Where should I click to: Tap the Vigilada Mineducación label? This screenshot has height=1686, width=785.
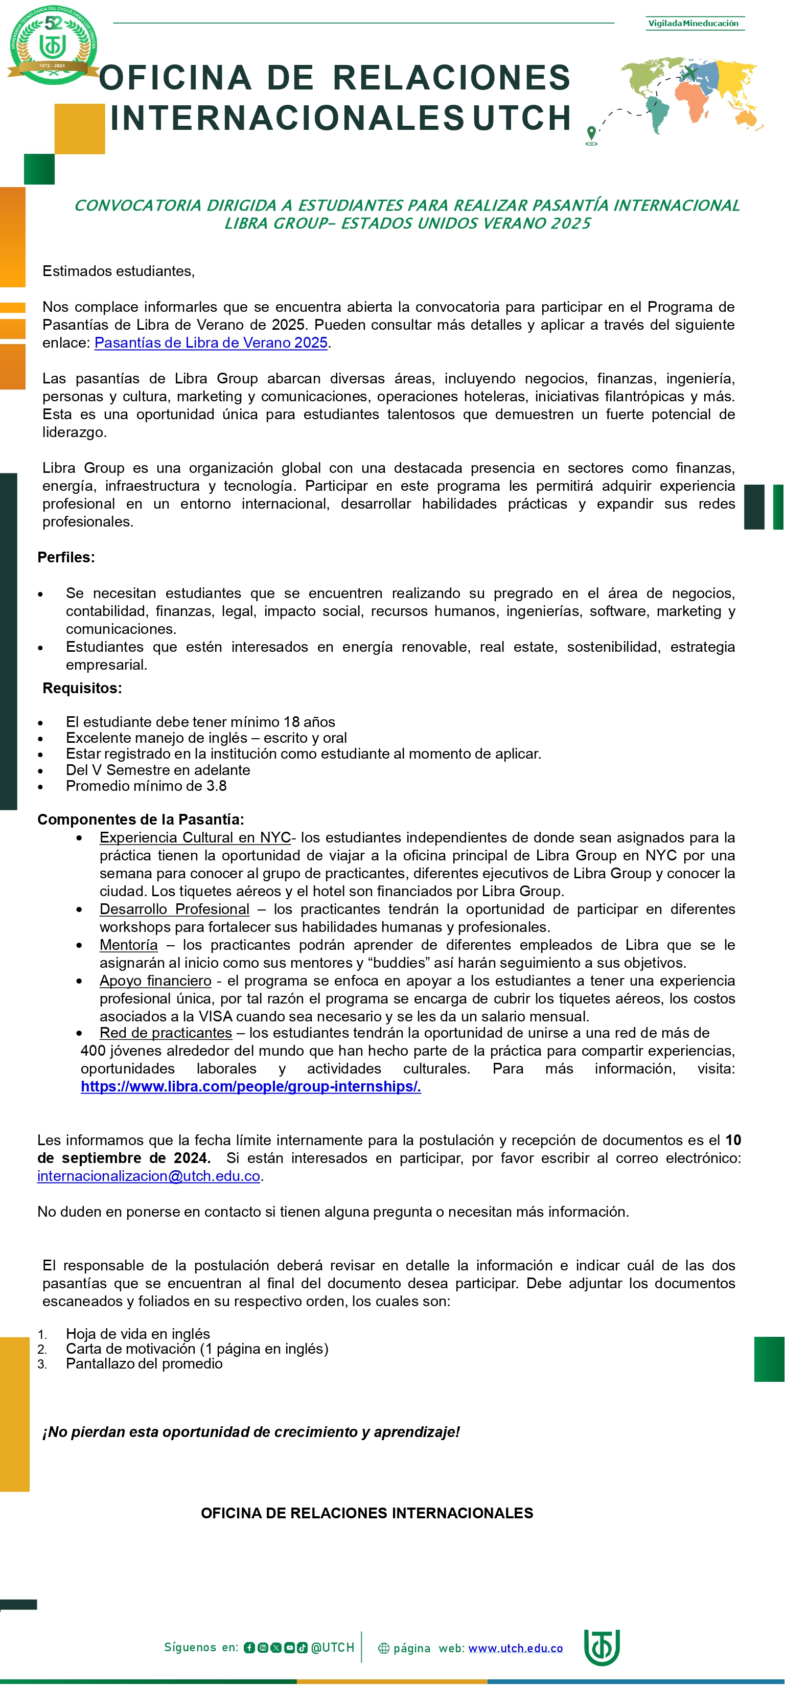(694, 24)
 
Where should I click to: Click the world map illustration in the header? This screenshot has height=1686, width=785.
(692, 94)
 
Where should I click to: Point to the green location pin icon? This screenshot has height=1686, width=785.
(591, 133)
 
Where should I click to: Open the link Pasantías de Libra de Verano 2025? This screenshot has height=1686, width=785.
(211, 343)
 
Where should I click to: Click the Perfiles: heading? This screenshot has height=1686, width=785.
(66, 558)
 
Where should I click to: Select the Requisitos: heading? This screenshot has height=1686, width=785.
(82, 689)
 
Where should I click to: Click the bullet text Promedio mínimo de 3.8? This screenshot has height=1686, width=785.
(146, 786)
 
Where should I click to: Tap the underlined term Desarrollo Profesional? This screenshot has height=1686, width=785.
(174, 909)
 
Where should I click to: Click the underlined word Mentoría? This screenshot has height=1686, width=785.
(128, 945)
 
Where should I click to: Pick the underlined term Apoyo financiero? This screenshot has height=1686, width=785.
(155, 981)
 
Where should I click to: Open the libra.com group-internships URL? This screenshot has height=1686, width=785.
(250, 1086)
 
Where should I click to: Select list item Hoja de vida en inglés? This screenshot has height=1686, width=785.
(137, 1334)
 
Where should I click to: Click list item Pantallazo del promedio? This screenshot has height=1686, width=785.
(144, 1364)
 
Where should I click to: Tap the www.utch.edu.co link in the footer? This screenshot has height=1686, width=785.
(516, 1648)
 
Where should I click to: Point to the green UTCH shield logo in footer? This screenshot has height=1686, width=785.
(601, 1647)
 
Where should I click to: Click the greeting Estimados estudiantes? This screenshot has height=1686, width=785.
(119, 271)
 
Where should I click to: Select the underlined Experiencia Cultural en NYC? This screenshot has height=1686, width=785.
(195, 838)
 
